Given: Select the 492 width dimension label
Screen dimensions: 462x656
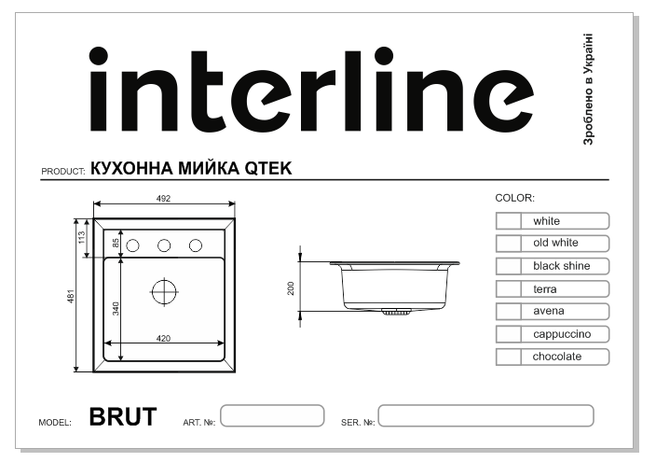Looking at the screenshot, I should (164, 199).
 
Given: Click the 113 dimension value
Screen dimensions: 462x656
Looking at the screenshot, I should (82, 238).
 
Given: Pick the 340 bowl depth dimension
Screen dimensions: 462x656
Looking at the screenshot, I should (116, 309).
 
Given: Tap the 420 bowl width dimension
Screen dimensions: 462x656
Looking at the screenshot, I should (163, 338).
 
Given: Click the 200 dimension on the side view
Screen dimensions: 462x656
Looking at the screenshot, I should (292, 287).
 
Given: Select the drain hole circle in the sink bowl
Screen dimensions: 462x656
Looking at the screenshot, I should (164, 290).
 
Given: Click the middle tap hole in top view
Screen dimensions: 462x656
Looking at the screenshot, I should (164, 245).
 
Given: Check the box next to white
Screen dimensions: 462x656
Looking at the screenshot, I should (508, 221).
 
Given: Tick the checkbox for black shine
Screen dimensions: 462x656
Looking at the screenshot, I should (508, 266).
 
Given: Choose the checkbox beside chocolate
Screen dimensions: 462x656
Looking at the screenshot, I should (508, 357).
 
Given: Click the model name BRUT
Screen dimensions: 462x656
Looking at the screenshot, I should (123, 416).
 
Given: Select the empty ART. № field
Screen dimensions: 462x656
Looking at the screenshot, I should (272, 416).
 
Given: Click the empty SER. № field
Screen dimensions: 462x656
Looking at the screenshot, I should (485, 416).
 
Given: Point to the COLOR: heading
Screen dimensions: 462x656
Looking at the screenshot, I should (513, 198).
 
